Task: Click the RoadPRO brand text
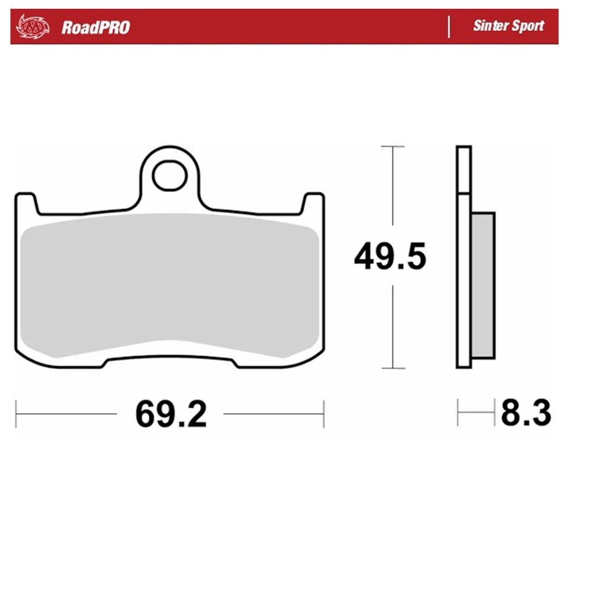pos(95,27)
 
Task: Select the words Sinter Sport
pos(508,26)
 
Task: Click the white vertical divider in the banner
pos(449,27)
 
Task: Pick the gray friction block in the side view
pos(483,285)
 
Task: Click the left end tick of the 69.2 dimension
pos(16,413)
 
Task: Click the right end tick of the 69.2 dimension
pos(323,413)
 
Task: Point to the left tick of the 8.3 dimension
pos(458,413)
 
